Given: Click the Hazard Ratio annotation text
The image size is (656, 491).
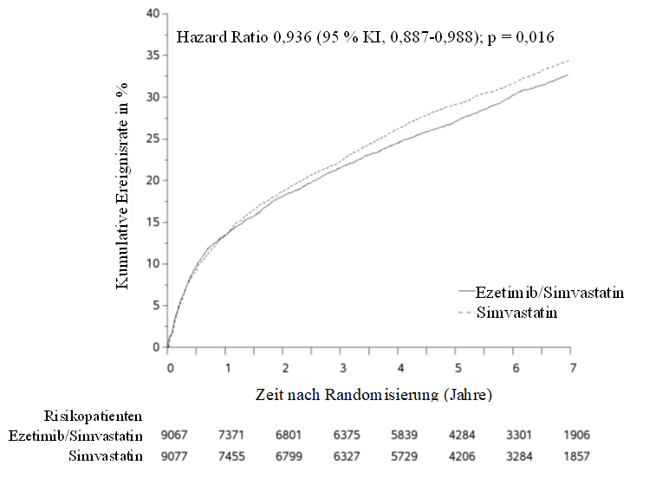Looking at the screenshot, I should [x=365, y=37].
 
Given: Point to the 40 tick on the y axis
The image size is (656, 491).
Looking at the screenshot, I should [x=153, y=14].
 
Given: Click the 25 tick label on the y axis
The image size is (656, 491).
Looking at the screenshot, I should [x=153, y=139].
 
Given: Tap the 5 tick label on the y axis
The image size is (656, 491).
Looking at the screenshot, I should [x=157, y=306].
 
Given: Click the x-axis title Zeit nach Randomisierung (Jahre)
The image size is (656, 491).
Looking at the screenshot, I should [x=373, y=395].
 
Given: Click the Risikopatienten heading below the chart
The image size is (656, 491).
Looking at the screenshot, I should [x=93, y=417].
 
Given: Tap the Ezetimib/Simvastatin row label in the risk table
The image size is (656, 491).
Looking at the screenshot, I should [x=75, y=436].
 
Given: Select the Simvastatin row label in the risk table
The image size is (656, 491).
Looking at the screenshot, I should [x=106, y=456].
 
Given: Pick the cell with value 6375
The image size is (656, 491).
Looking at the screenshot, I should [x=347, y=436].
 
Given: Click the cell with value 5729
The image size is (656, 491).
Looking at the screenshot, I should [x=404, y=456].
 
